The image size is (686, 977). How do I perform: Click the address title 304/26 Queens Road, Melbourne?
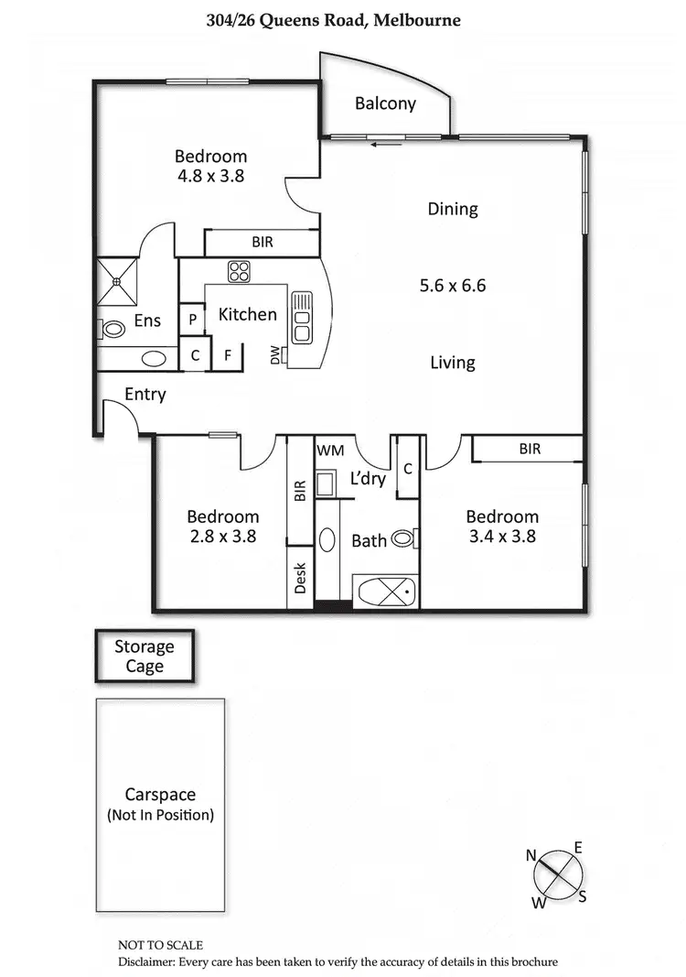(346, 19)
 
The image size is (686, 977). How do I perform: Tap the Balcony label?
(385, 103)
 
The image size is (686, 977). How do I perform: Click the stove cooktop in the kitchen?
(240, 272)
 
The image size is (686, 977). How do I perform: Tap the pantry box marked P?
(192, 320)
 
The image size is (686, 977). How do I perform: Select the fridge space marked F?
(227, 355)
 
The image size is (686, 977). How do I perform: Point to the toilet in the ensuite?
(113, 329)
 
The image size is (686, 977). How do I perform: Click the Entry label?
(145, 395)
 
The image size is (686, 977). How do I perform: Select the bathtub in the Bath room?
(386, 592)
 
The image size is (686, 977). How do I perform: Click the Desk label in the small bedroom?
(300, 578)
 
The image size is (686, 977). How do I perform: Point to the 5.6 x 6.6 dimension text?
(452, 286)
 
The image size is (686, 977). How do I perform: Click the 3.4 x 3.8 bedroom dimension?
(501, 537)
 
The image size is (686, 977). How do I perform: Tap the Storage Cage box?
(145, 657)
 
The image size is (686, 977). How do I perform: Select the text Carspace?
(160, 795)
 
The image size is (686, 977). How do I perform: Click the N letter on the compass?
(531, 855)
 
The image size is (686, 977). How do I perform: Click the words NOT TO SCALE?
(160, 945)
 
